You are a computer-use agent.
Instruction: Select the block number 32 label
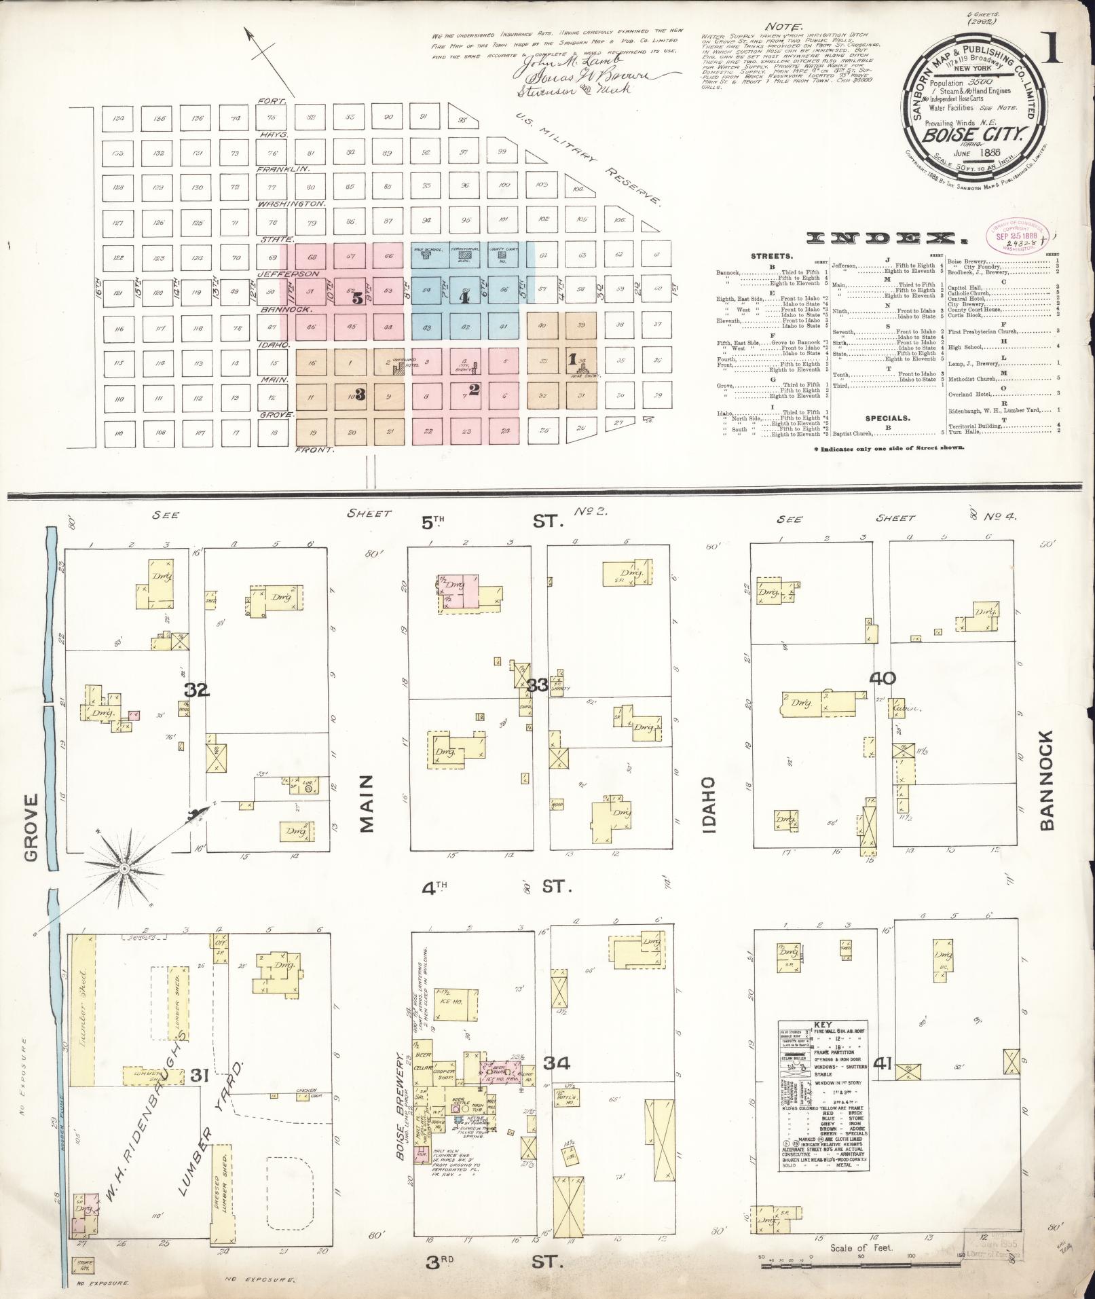click(198, 691)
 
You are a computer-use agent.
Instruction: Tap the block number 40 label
click(881, 678)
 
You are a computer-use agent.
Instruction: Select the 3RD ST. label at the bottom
click(496, 1262)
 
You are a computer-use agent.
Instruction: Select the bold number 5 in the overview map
click(357, 297)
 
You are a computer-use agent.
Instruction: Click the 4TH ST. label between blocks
click(496, 887)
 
